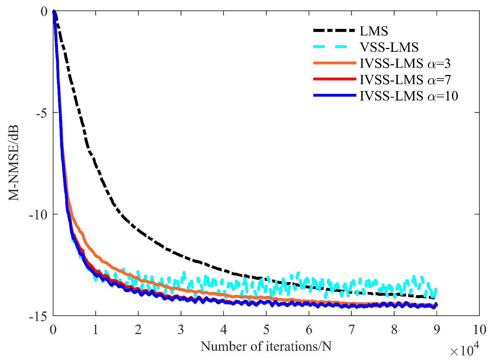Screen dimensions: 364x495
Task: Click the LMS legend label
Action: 374,31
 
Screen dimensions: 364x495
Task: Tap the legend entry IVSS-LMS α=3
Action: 405,63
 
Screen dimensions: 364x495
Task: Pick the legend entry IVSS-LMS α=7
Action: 405,80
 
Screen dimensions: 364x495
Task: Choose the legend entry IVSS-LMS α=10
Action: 409,96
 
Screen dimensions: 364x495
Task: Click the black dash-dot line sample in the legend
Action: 335,31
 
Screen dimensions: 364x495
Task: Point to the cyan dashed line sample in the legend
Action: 335,47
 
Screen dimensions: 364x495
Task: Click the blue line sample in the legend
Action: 335,95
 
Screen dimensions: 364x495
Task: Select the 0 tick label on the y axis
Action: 44,12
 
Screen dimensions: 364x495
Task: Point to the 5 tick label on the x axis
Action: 266,330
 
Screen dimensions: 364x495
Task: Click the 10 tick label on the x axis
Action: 479,330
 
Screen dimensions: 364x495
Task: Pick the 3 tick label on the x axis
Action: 181,330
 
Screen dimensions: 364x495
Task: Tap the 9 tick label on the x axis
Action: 436,330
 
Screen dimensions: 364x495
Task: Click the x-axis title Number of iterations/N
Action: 266,346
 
